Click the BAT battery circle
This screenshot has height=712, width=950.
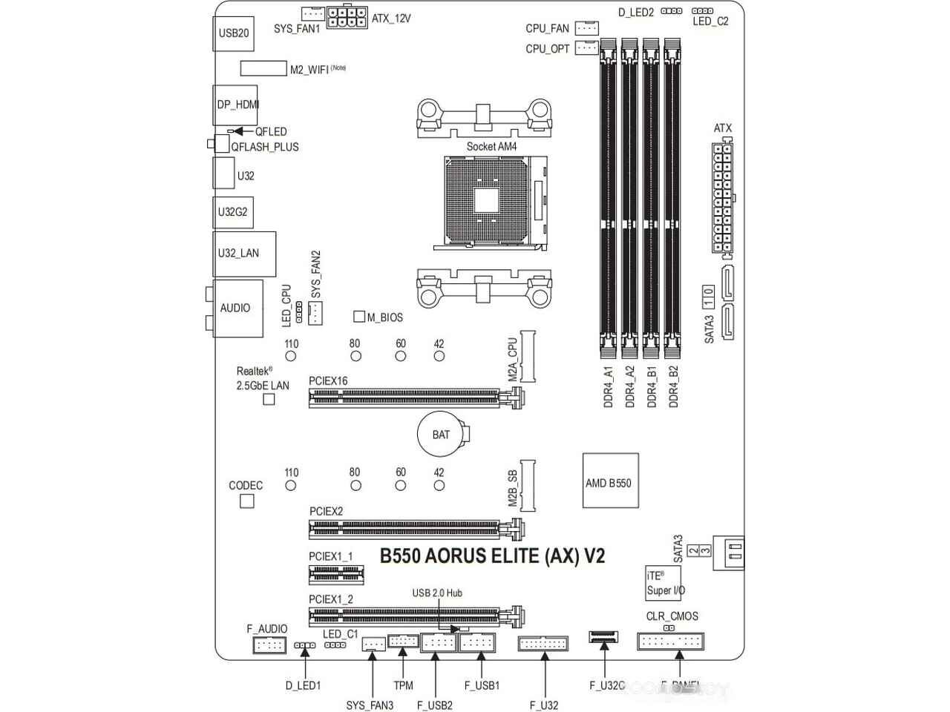pyautogui.click(x=441, y=434)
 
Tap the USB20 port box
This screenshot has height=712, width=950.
pyautogui.click(x=233, y=33)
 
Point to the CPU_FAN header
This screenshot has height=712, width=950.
pyautogui.click(x=587, y=28)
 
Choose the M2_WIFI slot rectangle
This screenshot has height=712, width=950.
pyautogui.click(x=263, y=68)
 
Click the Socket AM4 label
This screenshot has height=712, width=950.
pyautogui.click(x=491, y=146)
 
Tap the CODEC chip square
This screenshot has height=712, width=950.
pyautogui.click(x=247, y=501)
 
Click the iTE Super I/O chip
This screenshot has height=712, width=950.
pyautogui.click(x=664, y=583)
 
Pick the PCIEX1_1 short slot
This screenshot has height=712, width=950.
pyautogui.click(x=335, y=573)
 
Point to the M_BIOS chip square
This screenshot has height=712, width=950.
pyautogui.click(x=359, y=317)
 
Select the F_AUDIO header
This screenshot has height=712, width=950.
pyautogui.click(x=269, y=645)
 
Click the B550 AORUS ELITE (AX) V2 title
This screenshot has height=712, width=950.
pyautogui.click(x=492, y=556)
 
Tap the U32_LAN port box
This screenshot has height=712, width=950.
pyautogui.click(x=244, y=254)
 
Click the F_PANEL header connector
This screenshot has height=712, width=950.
pyautogui.click(x=670, y=642)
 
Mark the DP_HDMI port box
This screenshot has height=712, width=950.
pyautogui.click(x=235, y=105)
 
